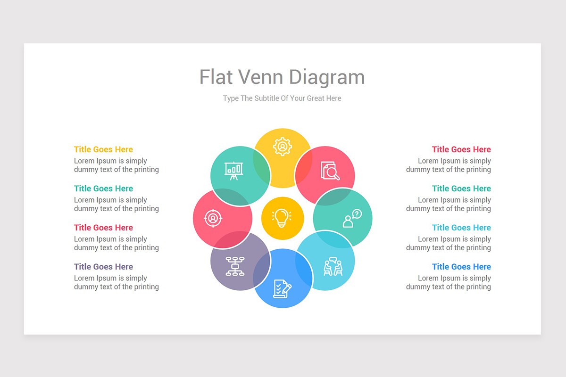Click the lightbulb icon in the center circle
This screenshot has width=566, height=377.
coord(282,218)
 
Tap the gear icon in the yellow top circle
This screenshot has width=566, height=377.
coord(283,147)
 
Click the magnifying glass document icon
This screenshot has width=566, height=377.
coord(330,171)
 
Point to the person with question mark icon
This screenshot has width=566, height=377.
coord(352,219)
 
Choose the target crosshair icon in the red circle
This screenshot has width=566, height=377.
coord(213,218)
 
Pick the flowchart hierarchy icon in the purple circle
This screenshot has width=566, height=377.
coord(234,266)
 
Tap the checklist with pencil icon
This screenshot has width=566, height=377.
coord(282,288)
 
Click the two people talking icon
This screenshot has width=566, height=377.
coord(333,266)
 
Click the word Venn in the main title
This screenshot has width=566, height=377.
coord(261,77)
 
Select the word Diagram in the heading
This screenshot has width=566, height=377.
coord(327,77)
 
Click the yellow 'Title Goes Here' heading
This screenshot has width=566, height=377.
coord(103,149)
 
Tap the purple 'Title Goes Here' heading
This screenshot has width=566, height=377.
coord(103,267)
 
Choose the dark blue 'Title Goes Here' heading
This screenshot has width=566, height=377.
coord(461,267)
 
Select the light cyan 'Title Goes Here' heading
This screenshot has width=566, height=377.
coord(461,228)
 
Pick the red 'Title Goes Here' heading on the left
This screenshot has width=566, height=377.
coord(103,228)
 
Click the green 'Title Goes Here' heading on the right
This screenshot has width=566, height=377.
coord(461,188)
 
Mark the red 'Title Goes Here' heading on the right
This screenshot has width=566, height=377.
coord(461,149)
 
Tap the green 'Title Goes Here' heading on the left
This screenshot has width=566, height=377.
coord(103,188)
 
